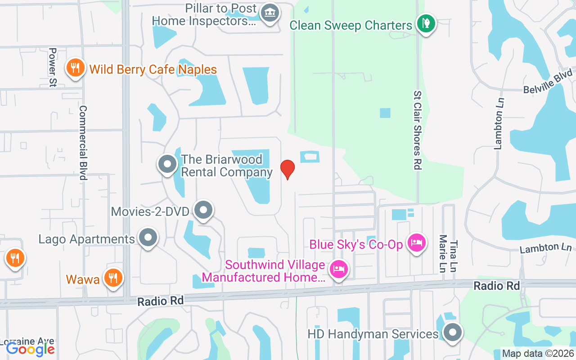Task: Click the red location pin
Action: [x=288, y=169]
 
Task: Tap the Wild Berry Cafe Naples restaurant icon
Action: [x=75, y=68]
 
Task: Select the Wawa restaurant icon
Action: [x=113, y=278]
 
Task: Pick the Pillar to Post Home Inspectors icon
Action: [x=270, y=13]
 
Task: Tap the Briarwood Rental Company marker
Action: [x=167, y=165]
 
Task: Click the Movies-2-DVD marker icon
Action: [x=203, y=210]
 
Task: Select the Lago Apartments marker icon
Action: [x=148, y=237]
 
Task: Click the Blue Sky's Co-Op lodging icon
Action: [x=417, y=243]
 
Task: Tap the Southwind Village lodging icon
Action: [x=339, y=270]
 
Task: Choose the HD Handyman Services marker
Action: [x=452, y=333]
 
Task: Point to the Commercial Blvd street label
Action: [x=83, y=143]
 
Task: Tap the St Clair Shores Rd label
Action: [x=418, y=130]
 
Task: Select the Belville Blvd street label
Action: [x=548, y=81]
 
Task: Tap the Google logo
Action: [x=30, y=349]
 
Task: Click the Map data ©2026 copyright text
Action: [x=538, y=354]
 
